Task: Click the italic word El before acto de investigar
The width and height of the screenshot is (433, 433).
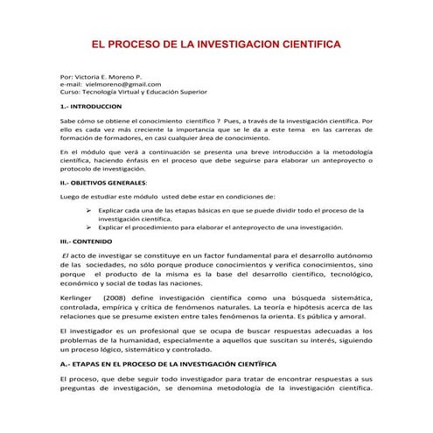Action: coord(66,252)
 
